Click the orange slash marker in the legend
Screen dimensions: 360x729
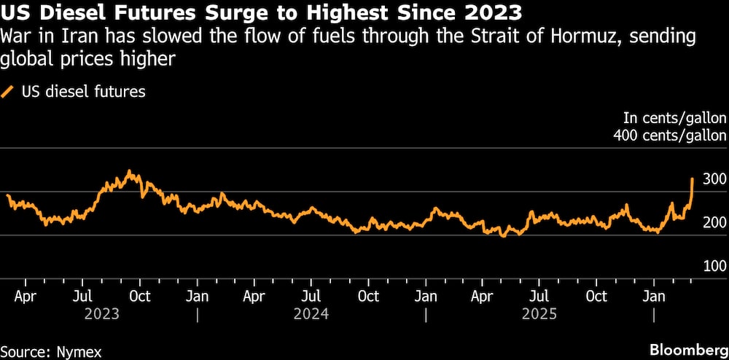pyautogui.click(x=8, y=92)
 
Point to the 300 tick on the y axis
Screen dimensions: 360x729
pyautogui.click(x=714, y=179)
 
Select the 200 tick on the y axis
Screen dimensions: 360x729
pyautogui.click(x=714, y=223)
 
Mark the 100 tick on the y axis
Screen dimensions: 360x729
pyautogui.click(x=714, y=267)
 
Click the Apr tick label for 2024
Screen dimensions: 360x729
pyautogui.click(x=254, y=297)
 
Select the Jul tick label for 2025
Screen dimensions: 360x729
pyautogui.click(x=539, y=297)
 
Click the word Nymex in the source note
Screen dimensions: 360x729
pyautogui.click(x=79, y=352)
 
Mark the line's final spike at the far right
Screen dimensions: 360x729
pyautogui.click(x=692, y=179)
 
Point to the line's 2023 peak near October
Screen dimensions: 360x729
pyautogui.click(x=129, y=171)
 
